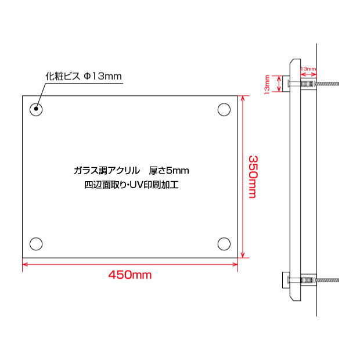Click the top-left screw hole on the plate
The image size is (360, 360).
click(x=37, y=109)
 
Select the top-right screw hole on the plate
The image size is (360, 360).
click(x=224, y=109)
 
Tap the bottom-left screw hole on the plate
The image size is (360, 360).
click(x=37, y=244)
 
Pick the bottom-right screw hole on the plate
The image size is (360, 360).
click(x=224, y=244)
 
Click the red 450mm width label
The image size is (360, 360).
click(x=130, y=275)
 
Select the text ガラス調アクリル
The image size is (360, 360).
click(x=107, y=171)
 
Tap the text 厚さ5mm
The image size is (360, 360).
click(x=168, y=171)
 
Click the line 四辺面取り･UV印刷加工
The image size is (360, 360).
click(x=131, y=186)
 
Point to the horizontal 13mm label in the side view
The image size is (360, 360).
click(x=308, y=69)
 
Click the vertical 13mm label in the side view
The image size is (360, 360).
click(x=267, y=84)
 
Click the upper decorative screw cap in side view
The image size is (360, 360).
click(x=286, y=85)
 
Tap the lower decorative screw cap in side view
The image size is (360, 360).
click(x=286, y=280)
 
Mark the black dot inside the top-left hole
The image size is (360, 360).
click(x=37, y=109)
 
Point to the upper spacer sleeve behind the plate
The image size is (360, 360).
click(x=308, y=85)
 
